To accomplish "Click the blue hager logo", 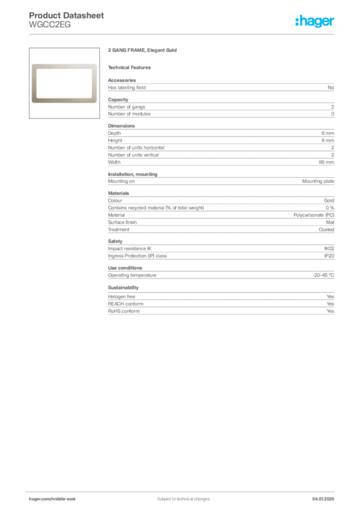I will pos(316,22).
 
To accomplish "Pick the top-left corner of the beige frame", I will pos(34,64).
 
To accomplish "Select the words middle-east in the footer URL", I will pos(65,499).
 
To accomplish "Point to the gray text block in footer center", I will pos(177,495).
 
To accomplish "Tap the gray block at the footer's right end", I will pos(326,495).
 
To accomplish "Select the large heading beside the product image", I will pos(142,51).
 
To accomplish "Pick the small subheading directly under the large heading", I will pos(131,67).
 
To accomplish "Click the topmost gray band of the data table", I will pos(221,87).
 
